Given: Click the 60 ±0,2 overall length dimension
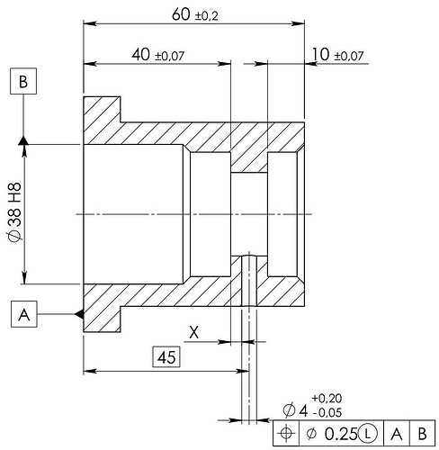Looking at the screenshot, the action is point(195,14).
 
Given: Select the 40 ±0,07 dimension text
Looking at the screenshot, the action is point(158,55).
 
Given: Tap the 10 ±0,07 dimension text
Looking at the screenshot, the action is point(337,55).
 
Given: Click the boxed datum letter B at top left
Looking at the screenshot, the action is point(23,81).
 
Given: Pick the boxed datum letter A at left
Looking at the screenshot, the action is point(24,314).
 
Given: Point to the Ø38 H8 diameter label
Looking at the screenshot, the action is point(14,211).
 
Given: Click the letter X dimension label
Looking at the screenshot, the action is point(194,332).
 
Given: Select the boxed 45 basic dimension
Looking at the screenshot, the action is point(166,357).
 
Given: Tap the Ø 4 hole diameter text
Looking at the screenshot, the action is point(295,410).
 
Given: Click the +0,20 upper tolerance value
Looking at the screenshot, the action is point(327,399).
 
